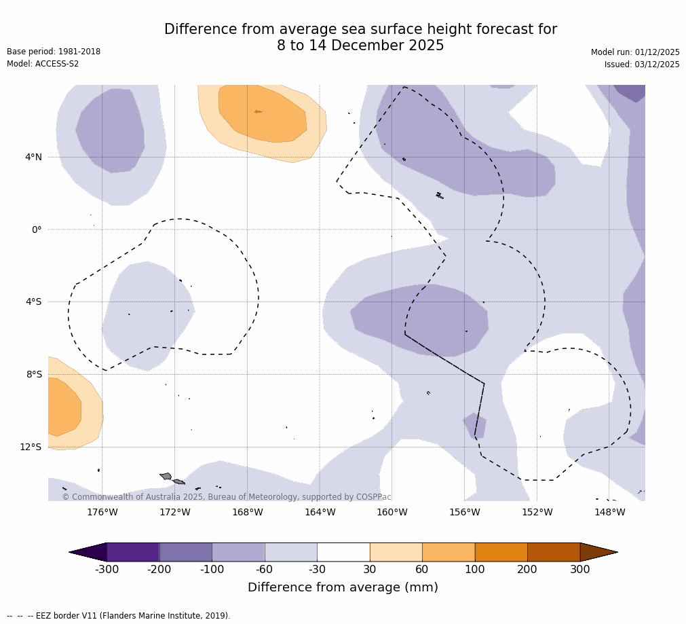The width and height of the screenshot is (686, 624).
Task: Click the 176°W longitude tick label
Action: pos(102,512)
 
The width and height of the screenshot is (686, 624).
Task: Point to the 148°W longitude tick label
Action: pos(609,512)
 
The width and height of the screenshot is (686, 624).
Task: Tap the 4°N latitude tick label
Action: pos(33,157)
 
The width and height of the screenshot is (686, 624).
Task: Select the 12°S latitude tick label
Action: pos(31,447)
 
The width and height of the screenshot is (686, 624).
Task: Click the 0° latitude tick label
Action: pos(37,230)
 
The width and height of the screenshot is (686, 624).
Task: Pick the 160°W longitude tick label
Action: pos(392,512)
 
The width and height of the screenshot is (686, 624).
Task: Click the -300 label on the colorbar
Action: pos(107,570)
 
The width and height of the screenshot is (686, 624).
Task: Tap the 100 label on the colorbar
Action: pos(474,570)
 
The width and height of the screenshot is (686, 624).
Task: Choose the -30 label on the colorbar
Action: pos(317,570)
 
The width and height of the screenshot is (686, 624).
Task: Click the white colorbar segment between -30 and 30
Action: pos(343,552)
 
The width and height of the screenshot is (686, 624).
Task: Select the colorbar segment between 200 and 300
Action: pos(553,552)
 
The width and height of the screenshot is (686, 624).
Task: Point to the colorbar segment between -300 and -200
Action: pos(133,552)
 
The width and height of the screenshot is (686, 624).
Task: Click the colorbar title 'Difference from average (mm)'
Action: pos(343,587)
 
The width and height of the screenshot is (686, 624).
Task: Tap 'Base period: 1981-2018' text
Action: pos(54,52)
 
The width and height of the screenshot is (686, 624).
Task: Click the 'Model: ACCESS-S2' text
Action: pos(43,64)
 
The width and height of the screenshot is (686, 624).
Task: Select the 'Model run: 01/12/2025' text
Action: pos(635,52)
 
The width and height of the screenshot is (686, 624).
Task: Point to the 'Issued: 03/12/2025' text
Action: pos(642,65)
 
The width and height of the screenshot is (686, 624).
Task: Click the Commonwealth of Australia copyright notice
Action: pos(227,497)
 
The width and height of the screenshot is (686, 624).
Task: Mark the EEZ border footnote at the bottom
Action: pos(119,616)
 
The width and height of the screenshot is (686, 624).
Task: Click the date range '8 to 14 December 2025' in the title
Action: pos(360,45)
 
